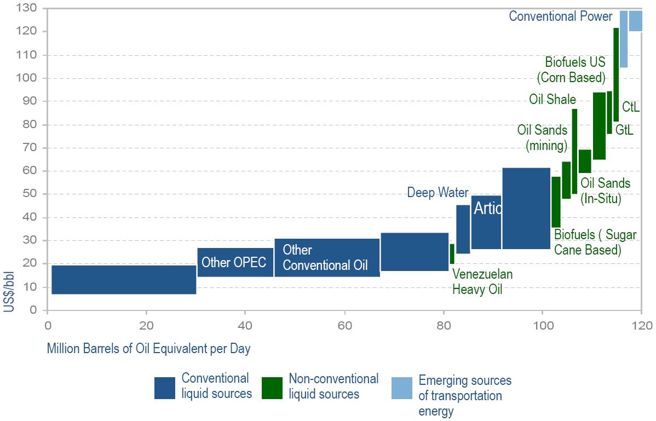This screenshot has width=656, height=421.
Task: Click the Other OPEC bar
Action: pos(235,262)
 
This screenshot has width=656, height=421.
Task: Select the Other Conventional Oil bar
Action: pos(327,257)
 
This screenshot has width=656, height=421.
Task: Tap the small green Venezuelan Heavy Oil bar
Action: pos(452,253)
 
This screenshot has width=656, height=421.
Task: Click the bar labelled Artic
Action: pos(486,222)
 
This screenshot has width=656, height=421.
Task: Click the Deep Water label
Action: pos(438,193)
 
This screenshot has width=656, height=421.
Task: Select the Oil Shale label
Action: pos(552,99)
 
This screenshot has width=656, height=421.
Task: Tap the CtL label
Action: pos(631,107)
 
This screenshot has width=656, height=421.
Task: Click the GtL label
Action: pos(624,130)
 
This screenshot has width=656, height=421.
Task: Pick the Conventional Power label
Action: pos(560,16)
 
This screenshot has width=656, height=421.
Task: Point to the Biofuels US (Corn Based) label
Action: pos(575,70)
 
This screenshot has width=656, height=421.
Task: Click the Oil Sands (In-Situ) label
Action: pos(605,191)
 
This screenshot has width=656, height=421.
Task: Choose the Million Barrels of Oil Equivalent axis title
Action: pos(148,349)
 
